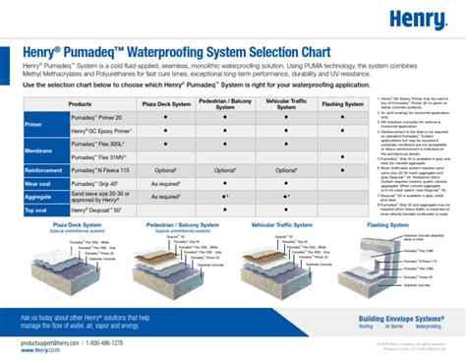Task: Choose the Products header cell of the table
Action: pos(81,102)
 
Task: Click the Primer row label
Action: pos(34,126)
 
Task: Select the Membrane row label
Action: pos(37,150)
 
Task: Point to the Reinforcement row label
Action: pos(43,169)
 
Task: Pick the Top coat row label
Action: pos(37,210)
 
